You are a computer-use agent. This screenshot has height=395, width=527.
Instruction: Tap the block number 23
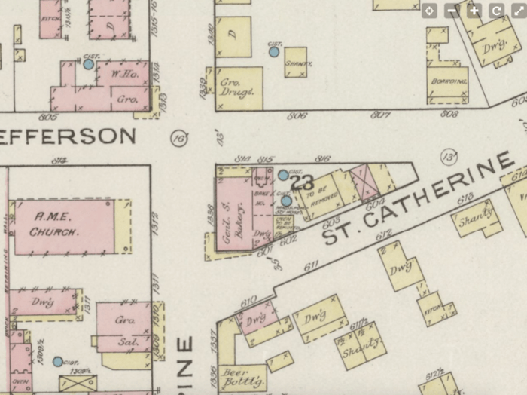[x=301, y=182]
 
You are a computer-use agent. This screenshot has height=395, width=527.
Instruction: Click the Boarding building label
[x=446, y=81]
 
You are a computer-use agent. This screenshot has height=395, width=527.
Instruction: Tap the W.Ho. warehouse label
[x=122, y=75]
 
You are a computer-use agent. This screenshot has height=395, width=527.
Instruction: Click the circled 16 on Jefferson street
[x=178, y=138]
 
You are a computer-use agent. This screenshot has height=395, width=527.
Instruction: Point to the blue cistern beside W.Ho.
[x=89, y=65]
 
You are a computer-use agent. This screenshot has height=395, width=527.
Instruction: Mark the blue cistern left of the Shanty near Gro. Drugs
[x=274, y=52]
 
